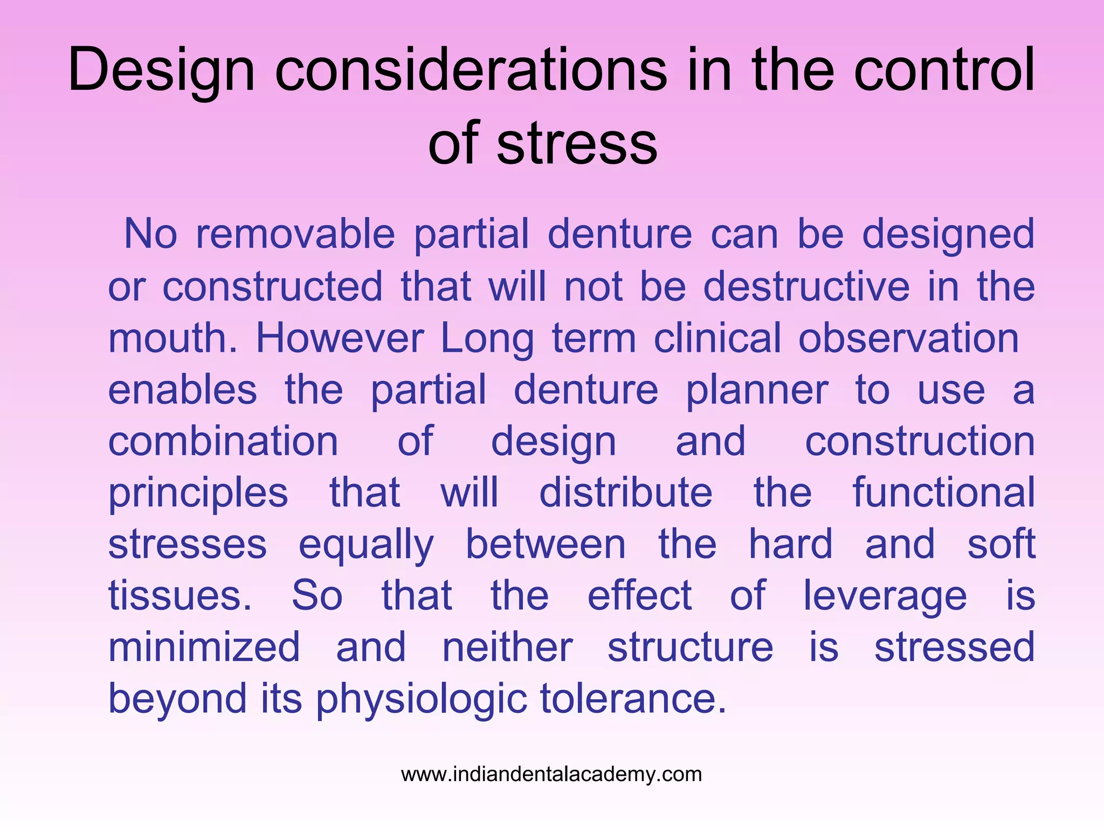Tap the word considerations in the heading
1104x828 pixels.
coord(471,70)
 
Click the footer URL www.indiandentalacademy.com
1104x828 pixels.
coord(551,774)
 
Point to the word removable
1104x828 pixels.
coord(295,234)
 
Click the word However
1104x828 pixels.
coord(340,338)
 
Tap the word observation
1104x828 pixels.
coord(908,338)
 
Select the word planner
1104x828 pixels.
coord(757,390)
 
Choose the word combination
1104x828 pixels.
coord(223,441)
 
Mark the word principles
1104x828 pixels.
coord(198,493)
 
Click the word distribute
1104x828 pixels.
coord(625,492)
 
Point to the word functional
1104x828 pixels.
coord(943,492)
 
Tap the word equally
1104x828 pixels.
coord(366,545)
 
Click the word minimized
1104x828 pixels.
coord(204,647)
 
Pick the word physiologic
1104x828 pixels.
coord(421,699)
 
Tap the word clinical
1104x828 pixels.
coord(717,338)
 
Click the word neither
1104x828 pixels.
coord(507,647)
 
